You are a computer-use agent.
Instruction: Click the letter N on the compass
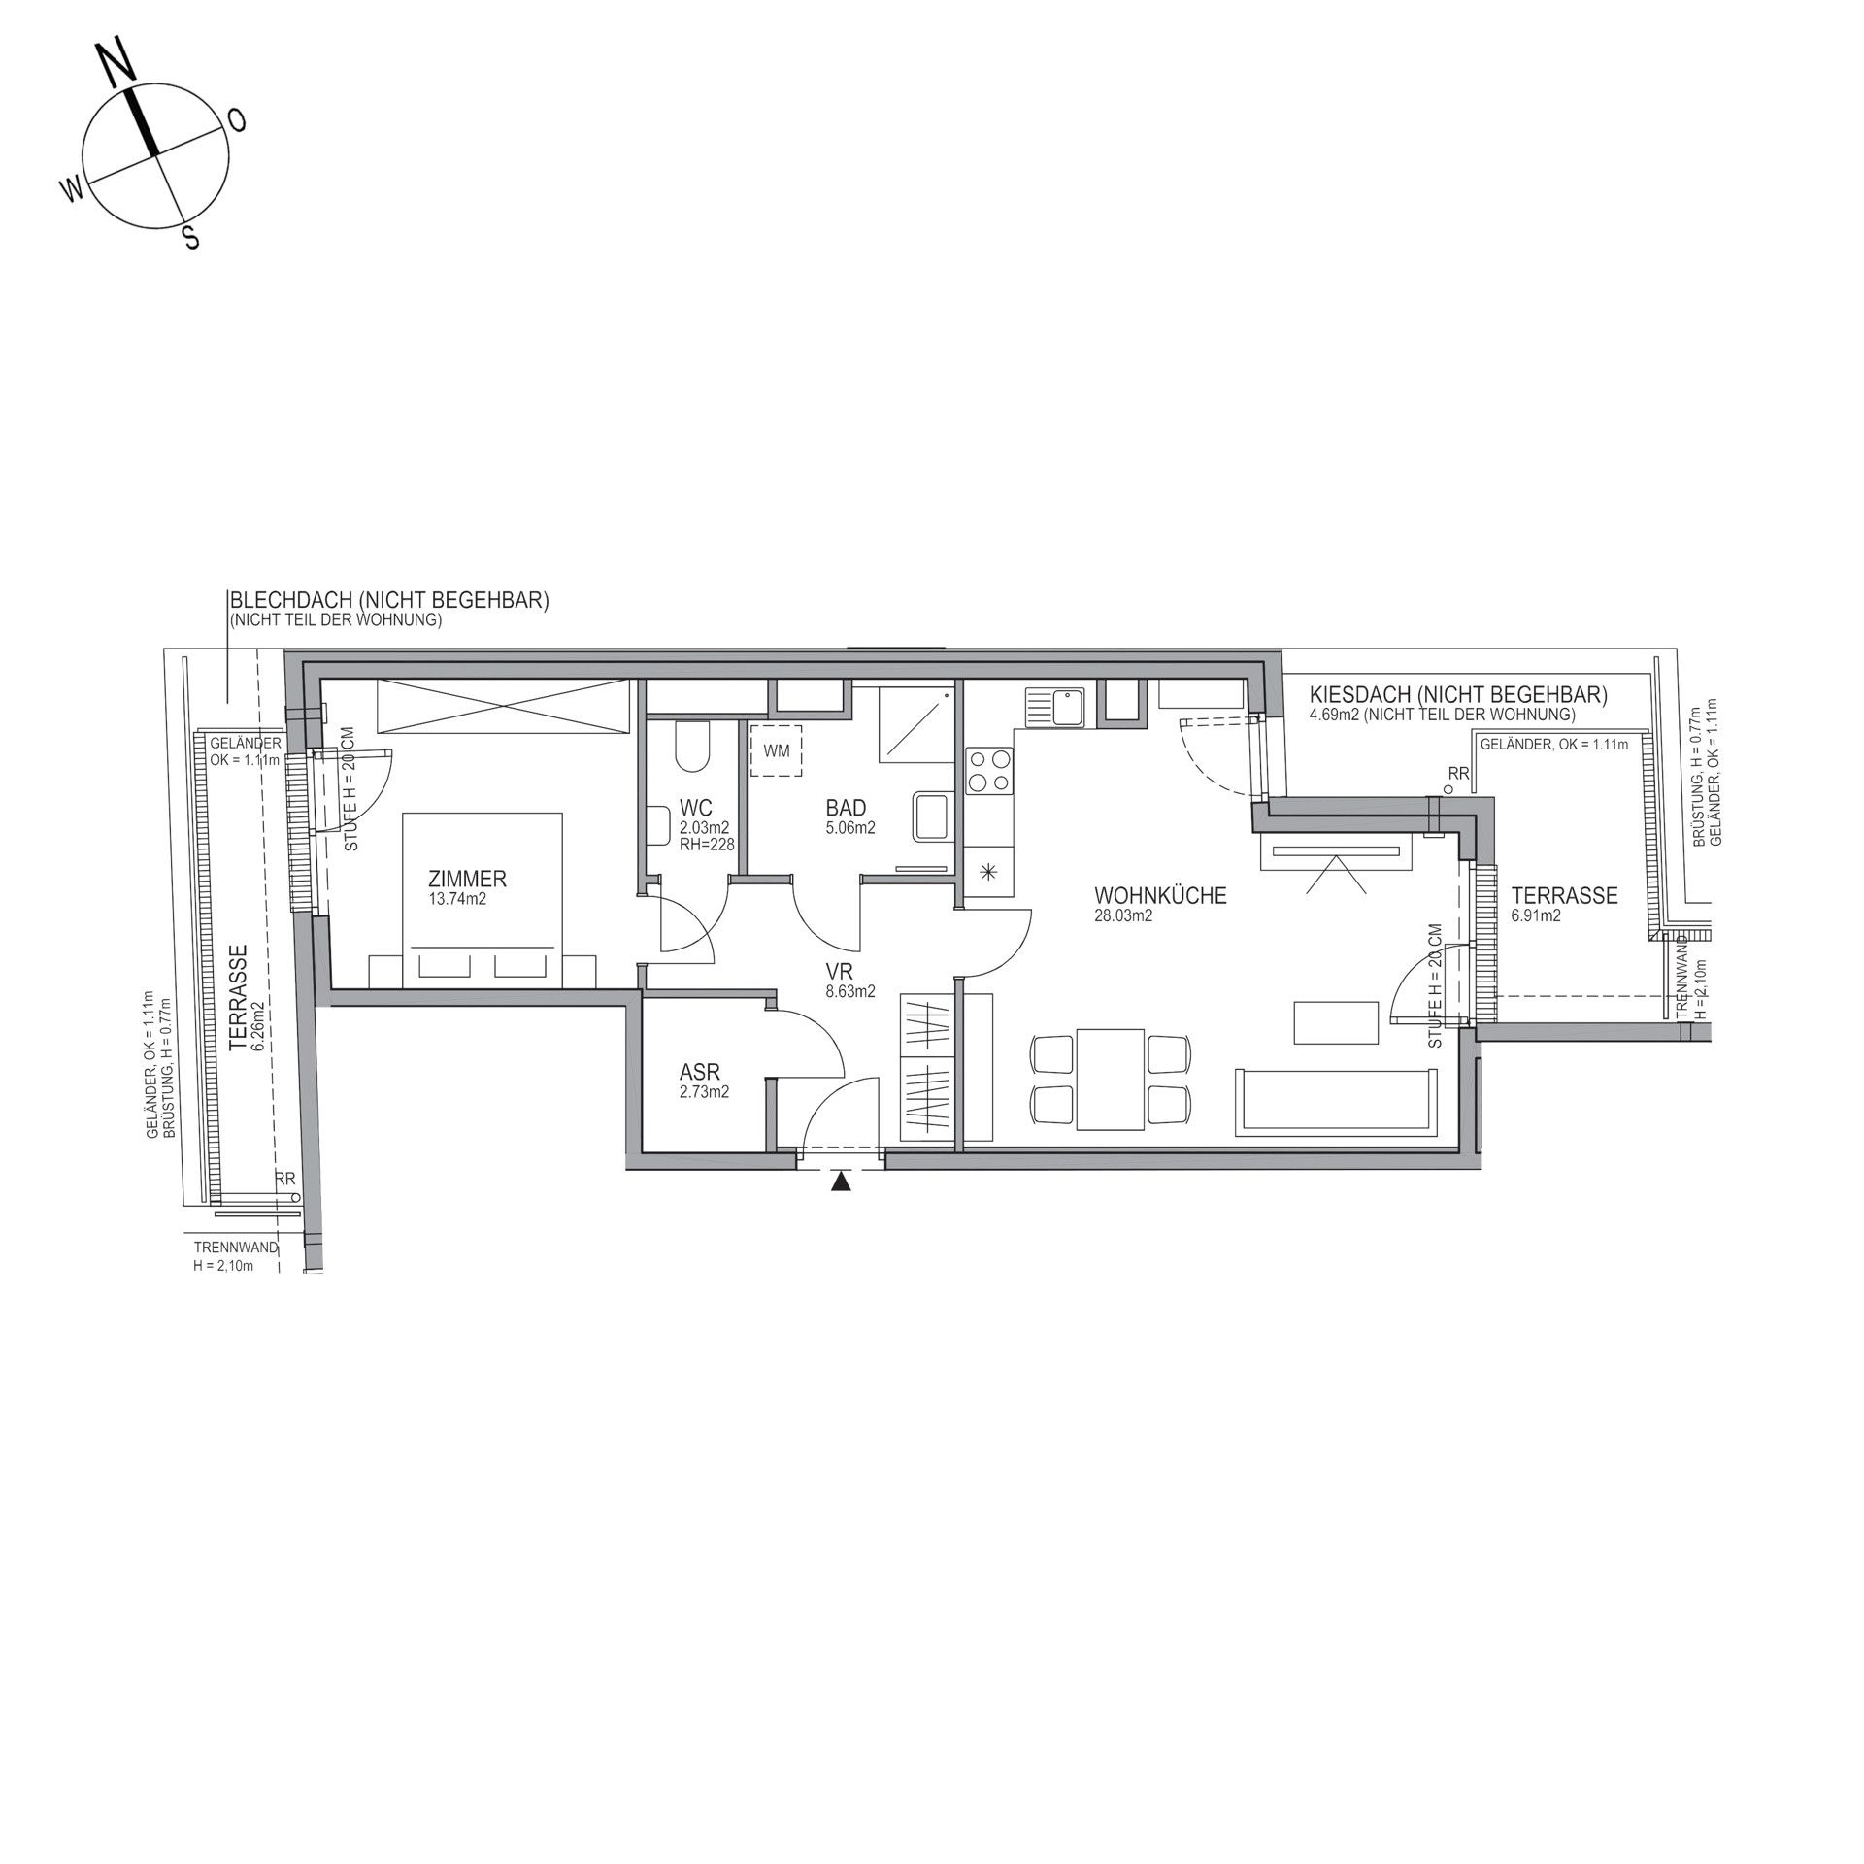tap(117, 65)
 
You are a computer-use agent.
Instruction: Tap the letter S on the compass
tap(192, 237)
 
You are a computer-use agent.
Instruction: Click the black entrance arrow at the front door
tap(841, 1182)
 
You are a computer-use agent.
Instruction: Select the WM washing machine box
tap(777, 750)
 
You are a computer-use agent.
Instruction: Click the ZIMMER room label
tap(467, 880)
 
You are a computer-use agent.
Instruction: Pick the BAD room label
tap(846, 808)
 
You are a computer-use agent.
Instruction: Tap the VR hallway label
tap(839, 972)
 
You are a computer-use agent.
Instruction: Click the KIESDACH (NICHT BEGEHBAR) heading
tap(1458, 695)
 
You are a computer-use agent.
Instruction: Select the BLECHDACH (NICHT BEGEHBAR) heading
tap(387, 601)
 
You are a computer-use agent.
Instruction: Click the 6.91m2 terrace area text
tap(1536, 915)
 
